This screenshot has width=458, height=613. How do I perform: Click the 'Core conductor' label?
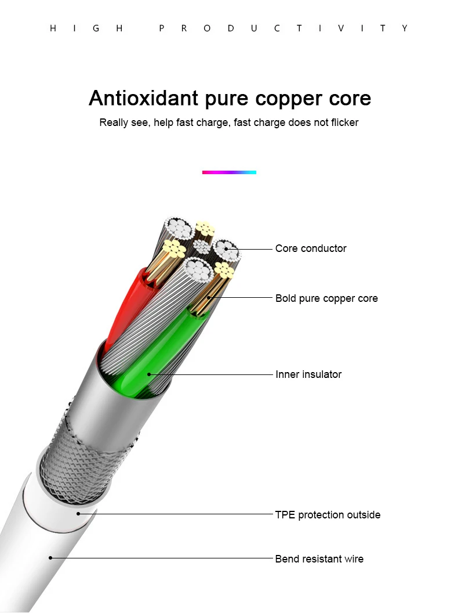pos(311,248)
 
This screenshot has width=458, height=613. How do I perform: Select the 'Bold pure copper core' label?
pos(326,299)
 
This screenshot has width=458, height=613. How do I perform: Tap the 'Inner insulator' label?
pos(308,374)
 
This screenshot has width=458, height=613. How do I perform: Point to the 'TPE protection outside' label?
pos(328,515)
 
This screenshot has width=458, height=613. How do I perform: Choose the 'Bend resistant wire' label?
pos(319,559)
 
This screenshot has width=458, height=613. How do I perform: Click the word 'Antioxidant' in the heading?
pos(143,98)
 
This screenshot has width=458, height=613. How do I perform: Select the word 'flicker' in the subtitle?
pos(344,122)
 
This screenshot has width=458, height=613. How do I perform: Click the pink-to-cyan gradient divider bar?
pos(229,172)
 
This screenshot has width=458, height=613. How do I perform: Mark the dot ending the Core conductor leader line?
pos(226,249)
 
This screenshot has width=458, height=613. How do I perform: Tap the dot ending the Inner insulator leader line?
pos(149,374)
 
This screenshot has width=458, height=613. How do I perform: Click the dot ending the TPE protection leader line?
pos(78,514)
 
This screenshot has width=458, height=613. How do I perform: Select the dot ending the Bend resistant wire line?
pos(50,558)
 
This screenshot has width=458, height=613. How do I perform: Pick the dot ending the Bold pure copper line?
pos(209,298)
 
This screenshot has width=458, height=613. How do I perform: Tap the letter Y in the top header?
pos(405,28)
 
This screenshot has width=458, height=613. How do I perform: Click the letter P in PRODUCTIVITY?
pos(162,28)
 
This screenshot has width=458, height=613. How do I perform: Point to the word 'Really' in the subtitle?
pos(114,122)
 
